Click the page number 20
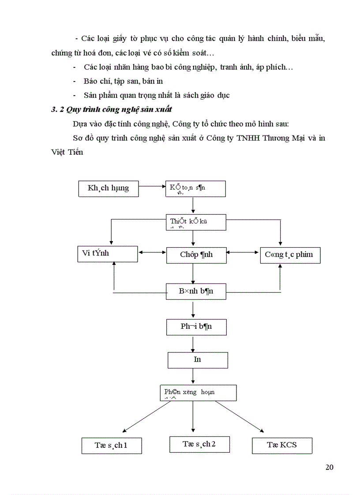[329, 467]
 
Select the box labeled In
[198, 360]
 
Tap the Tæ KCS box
[282, 445]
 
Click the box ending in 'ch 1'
[111, 446]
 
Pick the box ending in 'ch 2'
[199, 444]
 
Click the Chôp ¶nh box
[196, 255]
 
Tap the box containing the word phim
[290, 255]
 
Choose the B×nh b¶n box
[196, 291]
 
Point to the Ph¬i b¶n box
[196, 328]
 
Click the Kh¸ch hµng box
[108, 188]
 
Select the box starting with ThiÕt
[196, 222]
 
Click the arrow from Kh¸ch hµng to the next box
[152, 186]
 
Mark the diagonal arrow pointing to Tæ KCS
[240, 416]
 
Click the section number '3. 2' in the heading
[57, 110]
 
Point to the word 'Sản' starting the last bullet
[90, 95]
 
